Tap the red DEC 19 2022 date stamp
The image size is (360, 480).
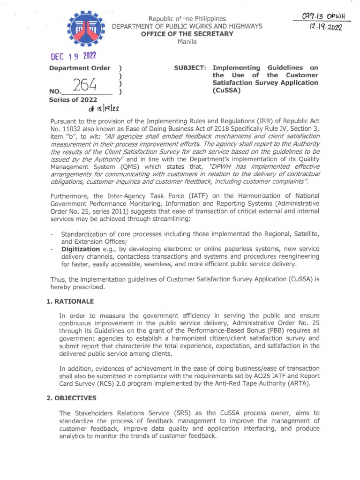pos(73,56)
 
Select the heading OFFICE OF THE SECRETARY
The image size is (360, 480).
pos(190,34)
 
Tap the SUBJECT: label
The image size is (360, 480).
pos(190,67)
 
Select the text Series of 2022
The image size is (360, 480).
pos(73,99)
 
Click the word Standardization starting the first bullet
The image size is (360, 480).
pos(85,233)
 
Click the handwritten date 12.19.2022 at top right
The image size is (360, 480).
pos(323,28)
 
